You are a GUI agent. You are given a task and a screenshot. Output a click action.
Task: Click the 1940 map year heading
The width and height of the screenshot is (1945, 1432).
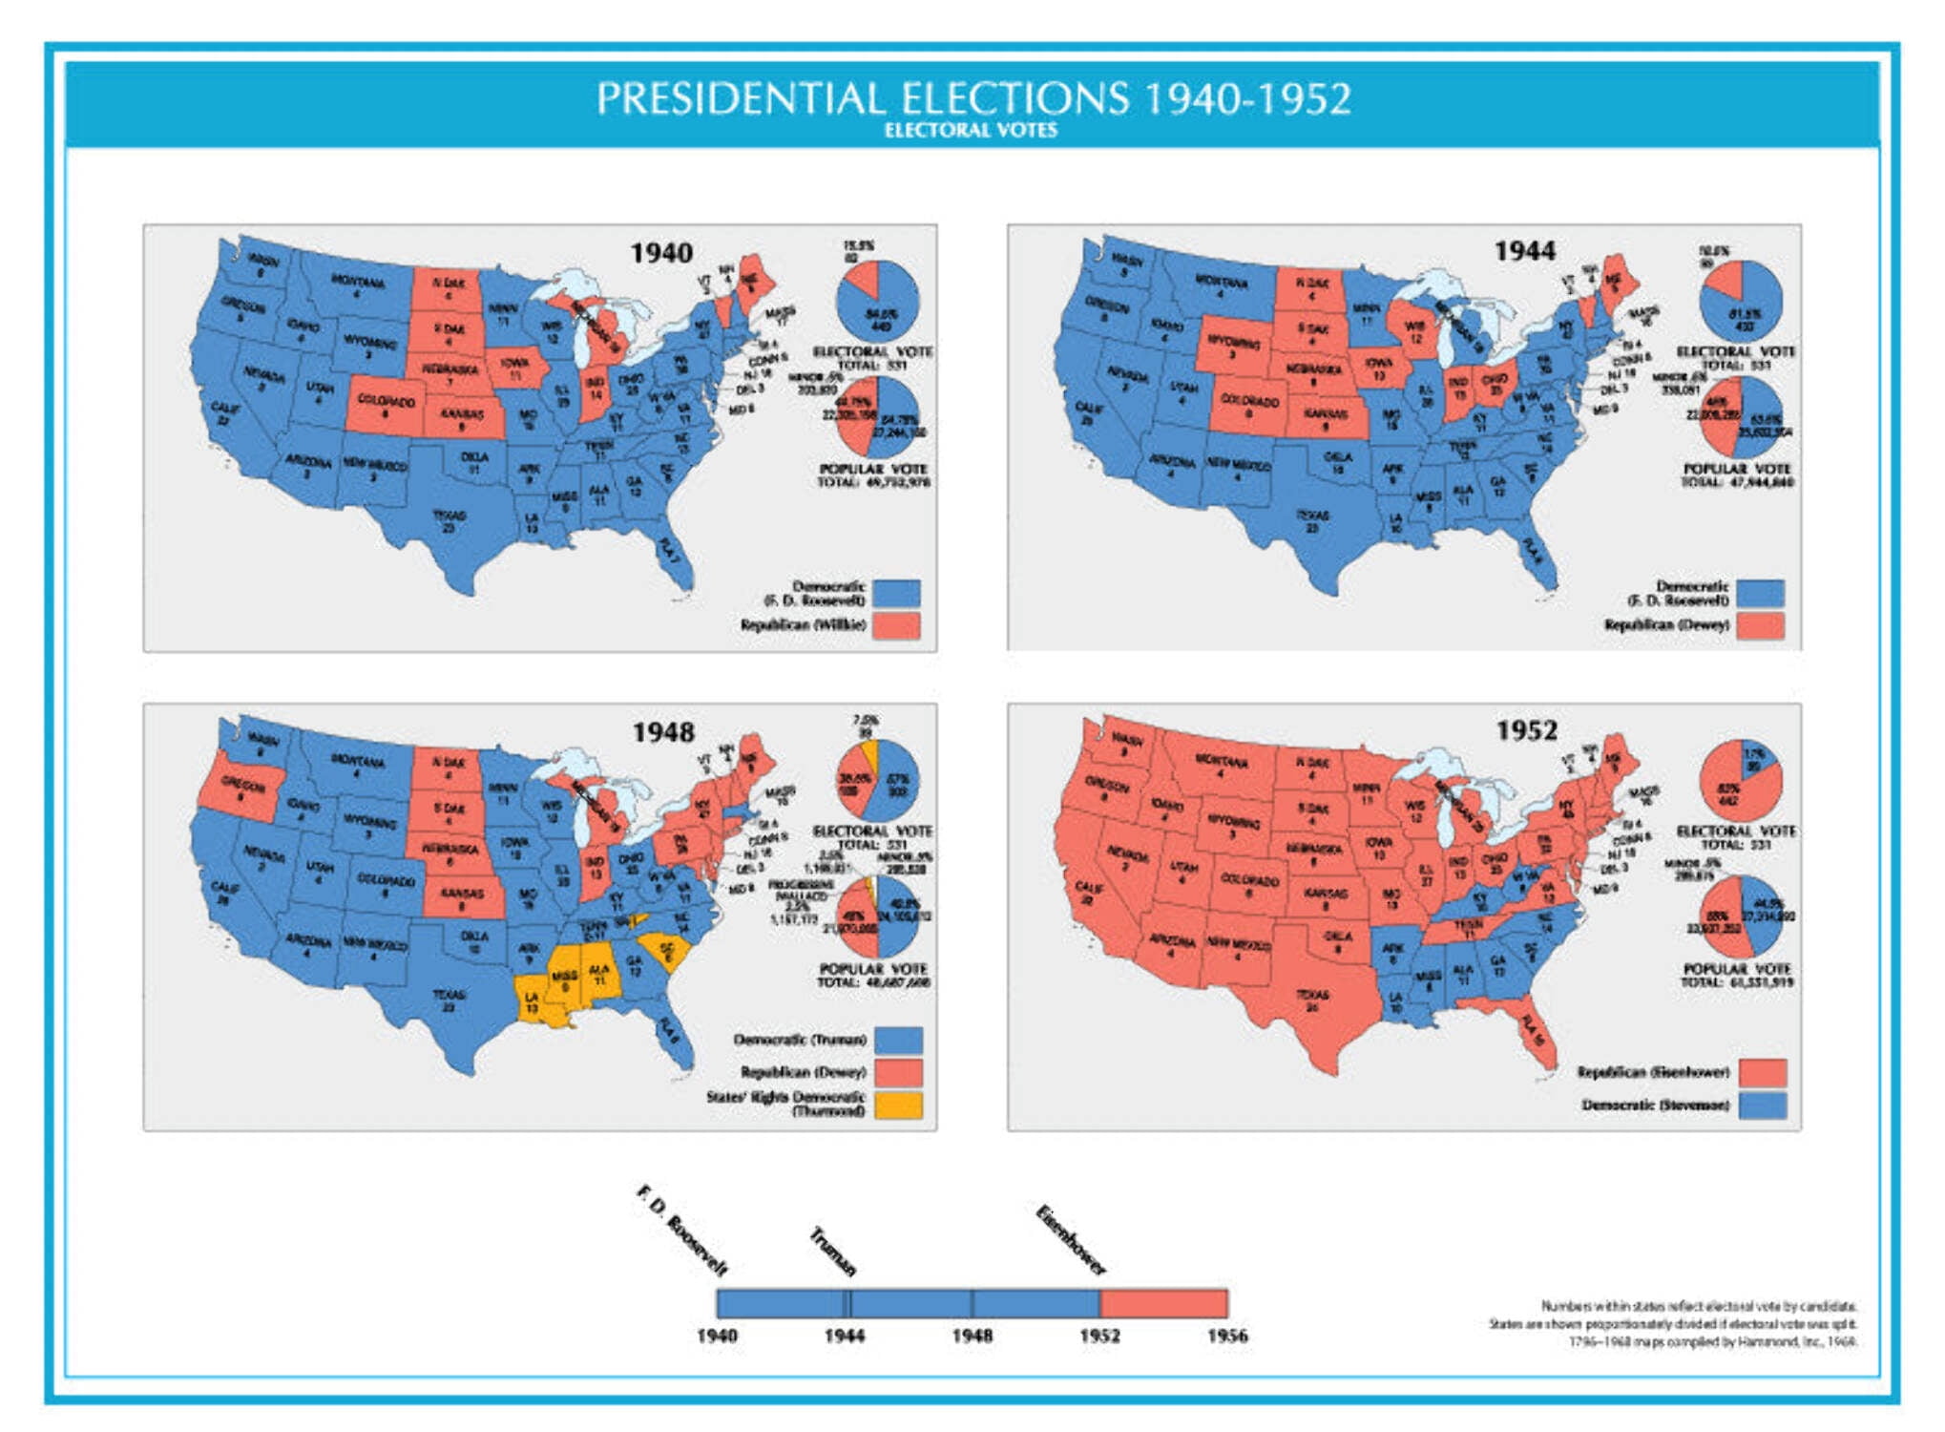coord(660,253)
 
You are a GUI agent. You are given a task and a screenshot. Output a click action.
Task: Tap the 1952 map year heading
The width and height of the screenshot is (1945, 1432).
coord(1526,730)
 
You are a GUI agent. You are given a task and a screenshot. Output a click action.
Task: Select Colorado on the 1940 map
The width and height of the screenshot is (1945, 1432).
coord(386,405)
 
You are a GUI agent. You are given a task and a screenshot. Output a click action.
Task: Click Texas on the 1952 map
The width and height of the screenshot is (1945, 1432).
coord(1313,1002)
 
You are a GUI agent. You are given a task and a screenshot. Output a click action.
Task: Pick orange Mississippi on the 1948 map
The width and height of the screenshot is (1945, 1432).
coord(565,983)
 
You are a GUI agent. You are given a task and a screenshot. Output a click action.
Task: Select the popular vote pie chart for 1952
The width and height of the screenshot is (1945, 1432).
coord(1741,916)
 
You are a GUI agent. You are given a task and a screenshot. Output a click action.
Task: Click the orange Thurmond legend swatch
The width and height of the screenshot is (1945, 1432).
coord(898,1105)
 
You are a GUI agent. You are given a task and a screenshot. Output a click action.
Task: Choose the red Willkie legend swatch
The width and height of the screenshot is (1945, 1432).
coord(896,625)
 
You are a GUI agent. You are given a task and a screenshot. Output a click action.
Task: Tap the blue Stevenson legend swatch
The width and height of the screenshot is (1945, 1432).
coord(1762,1105)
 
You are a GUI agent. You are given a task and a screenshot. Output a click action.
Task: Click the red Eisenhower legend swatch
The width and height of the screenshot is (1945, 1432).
coord(1762,1072)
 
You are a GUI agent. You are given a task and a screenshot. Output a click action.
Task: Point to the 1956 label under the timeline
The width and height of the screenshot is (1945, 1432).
coord(1226,1336)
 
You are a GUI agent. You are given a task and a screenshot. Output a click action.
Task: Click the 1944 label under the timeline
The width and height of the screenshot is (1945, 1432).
coord(844,1336)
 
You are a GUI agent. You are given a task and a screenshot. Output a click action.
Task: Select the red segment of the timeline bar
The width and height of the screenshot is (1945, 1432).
coord(1163,1303)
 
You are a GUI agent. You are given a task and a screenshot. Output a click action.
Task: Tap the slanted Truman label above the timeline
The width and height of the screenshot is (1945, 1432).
coord(832,1252)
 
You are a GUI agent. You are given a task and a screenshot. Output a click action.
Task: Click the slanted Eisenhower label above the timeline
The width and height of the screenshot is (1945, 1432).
coord(1071,1240)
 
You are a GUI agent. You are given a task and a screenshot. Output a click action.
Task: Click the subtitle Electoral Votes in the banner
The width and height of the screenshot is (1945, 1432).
coord(971,131)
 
